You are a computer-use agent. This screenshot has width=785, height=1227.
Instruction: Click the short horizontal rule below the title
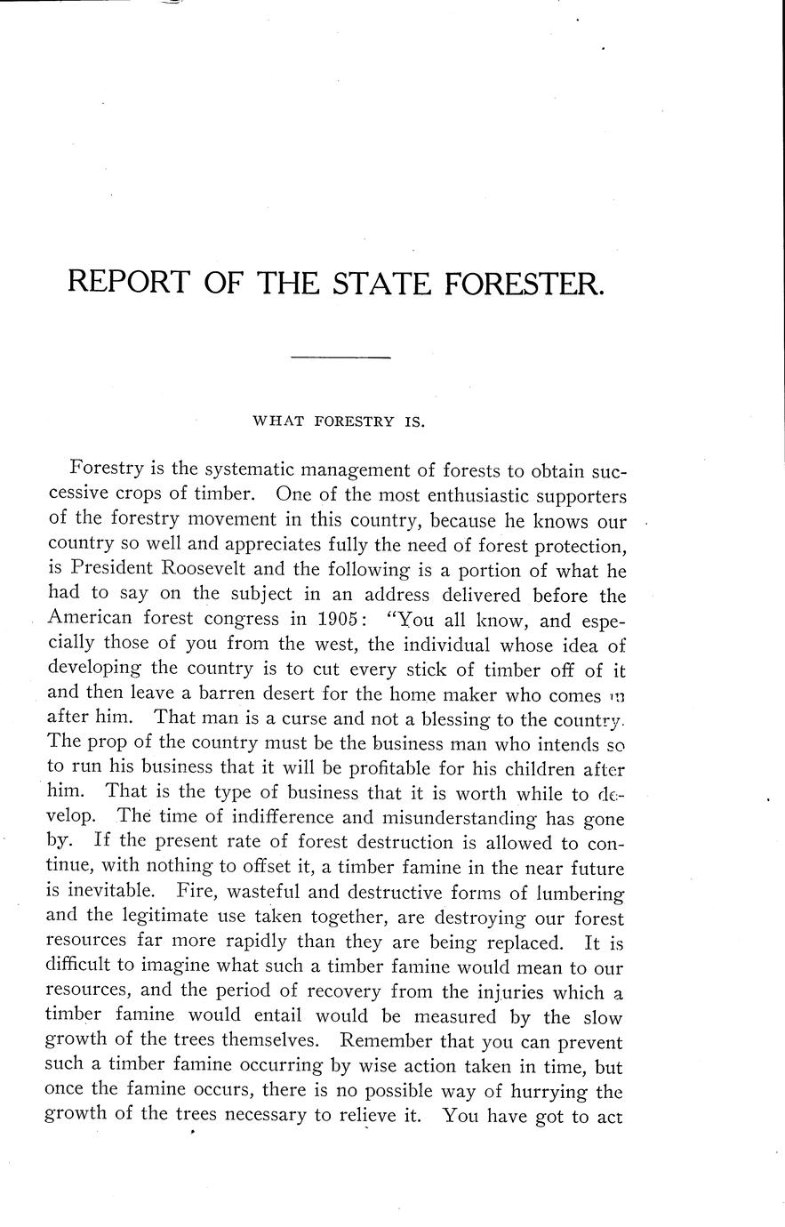click(x=341, y=358)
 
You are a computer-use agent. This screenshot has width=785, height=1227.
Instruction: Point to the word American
click(x=91, y=619)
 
